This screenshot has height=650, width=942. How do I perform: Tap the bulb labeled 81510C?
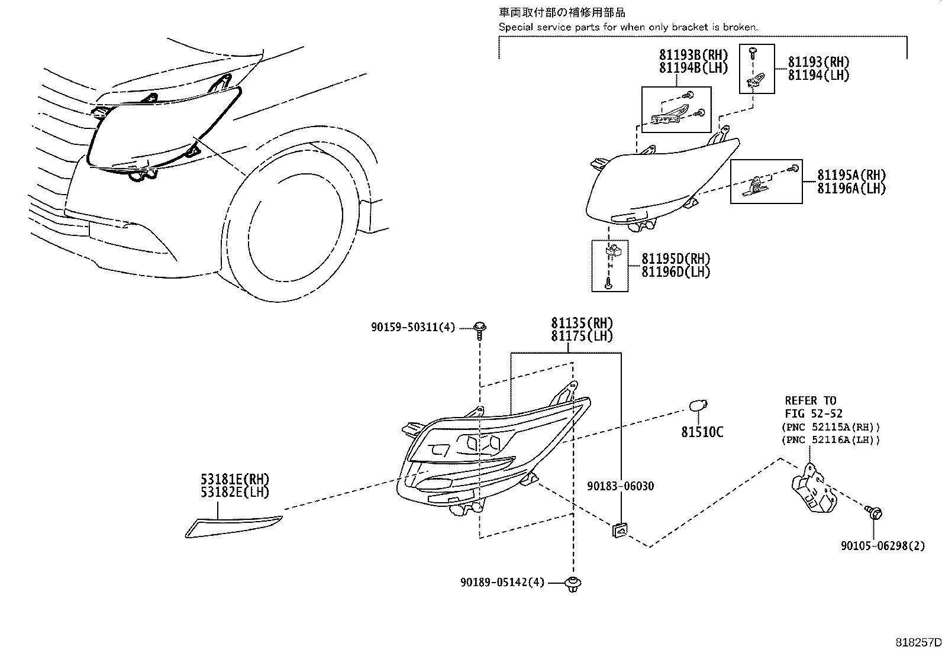(x=696, y=406)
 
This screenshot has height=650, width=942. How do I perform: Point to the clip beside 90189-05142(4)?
(x=572, y=584)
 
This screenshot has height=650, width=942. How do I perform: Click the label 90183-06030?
(x=620, y=486)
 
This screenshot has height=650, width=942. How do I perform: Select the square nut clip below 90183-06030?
(x=620, y=529)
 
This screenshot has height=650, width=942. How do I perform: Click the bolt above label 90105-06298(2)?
(x=874, y=512)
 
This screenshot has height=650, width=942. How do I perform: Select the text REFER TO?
(x=810, y=400)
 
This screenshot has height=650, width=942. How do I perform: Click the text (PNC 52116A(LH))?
(x=830, y=439)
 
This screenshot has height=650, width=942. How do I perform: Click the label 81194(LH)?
(x=818, y=75)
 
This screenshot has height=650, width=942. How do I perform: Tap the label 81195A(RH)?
(x=851, y=175)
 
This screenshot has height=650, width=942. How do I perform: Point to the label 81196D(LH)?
(x=676, y=272)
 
